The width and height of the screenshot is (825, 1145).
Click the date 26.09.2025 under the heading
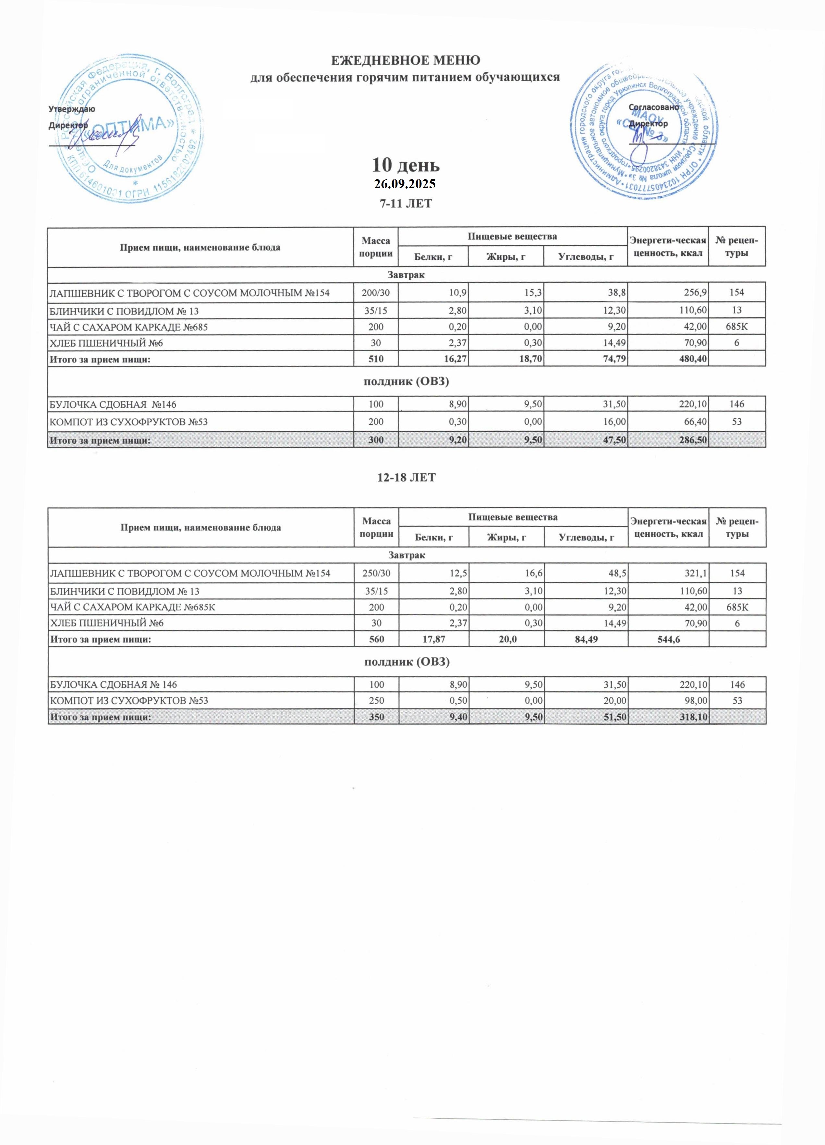[x=405, y=184]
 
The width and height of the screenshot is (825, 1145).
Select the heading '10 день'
[x=406, y=165]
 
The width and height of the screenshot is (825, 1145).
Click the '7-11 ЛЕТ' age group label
[x=406, y=203]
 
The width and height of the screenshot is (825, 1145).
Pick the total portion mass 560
[x=376, y=639]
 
